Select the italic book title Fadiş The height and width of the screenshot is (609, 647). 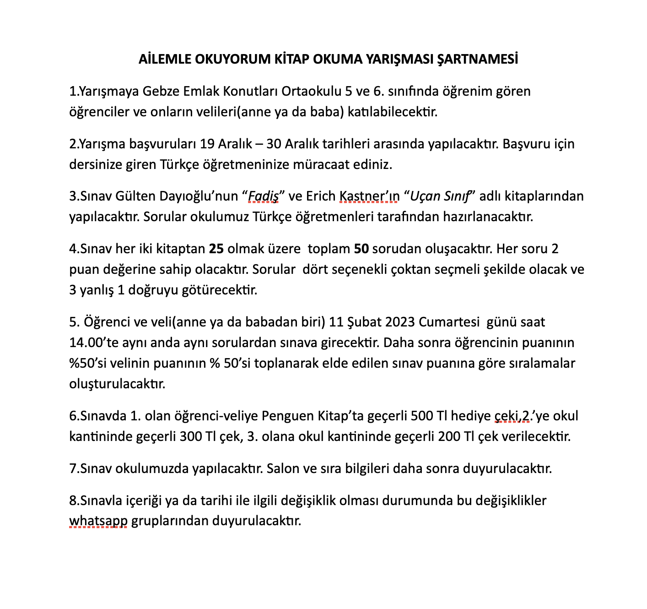[x=263, y=196]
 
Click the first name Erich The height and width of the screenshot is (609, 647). [x=321, y=196]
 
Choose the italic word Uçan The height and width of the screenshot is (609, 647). [x=424, y=196]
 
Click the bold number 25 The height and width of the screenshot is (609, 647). [x=216, y=249]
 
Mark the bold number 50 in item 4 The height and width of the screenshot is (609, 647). [x=361, y=249]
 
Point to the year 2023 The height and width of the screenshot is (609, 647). [x=400, y=322]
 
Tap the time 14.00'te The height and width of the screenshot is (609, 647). [x=94, y=343]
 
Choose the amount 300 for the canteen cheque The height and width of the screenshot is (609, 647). [x=190, y=436]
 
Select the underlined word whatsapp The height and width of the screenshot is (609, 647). [x=98, y=521]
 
